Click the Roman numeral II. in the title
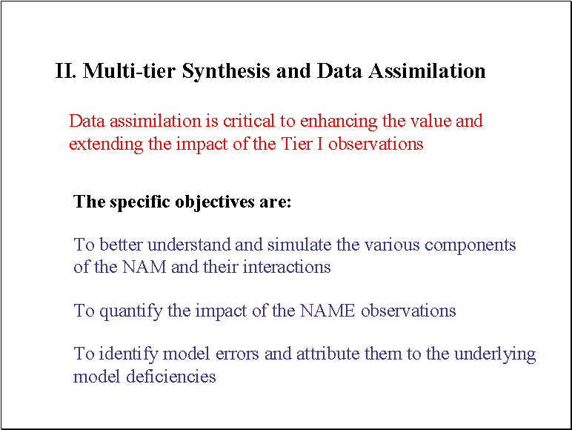click(x=66, y=70)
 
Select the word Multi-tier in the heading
click(x=129, y=70)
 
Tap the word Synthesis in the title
click(x=226, y=71)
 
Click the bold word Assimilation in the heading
click(x=427, y=70)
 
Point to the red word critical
click(x=249, y=121)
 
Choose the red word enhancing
click(x=339, y=122)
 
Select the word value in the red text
click(x=430, y=121)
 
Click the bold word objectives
click(x=215, y=202)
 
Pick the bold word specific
click(x=140, y=202)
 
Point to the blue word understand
click(x=189, y=245)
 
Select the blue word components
click(x=470, y=245)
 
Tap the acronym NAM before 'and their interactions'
click(x=144, y=267)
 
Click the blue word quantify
click(x=131, y=311)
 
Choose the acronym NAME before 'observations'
click(x=327, y=311)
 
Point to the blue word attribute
click(x=328, y=354)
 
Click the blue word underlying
click(x=495, y=354)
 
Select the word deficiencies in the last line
click(x=170, y=377)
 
